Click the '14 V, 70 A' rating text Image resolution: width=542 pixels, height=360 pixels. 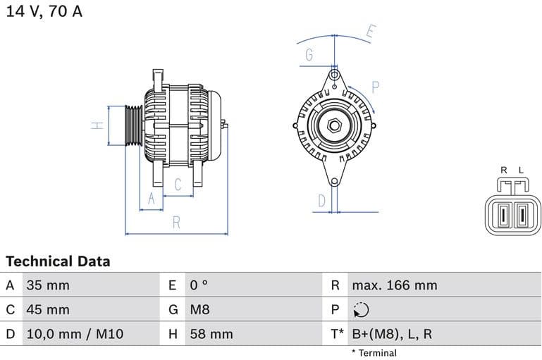[44, 12]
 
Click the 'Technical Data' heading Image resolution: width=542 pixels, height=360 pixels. [58, 261]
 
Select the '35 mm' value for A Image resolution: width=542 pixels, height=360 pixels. [48, 285]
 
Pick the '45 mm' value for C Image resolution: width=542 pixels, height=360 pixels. [48, 309]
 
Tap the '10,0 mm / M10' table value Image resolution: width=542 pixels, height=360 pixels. [74, 334]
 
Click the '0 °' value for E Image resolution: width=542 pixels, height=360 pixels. [199, 285]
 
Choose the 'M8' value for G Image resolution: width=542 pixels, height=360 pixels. [199, 309]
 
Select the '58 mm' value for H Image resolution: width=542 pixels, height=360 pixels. [211, 334]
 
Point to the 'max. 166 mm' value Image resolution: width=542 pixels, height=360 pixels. [395, 285]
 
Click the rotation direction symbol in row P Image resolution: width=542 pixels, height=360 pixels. [360, 310]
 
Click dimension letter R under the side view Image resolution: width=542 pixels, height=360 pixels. [176, 223]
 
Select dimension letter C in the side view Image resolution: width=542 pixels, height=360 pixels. [178, 185]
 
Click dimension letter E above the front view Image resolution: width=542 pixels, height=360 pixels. [371, 32]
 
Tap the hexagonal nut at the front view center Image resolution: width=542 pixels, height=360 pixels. [334, 126]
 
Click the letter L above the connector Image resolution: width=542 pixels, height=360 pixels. [521, 170]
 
